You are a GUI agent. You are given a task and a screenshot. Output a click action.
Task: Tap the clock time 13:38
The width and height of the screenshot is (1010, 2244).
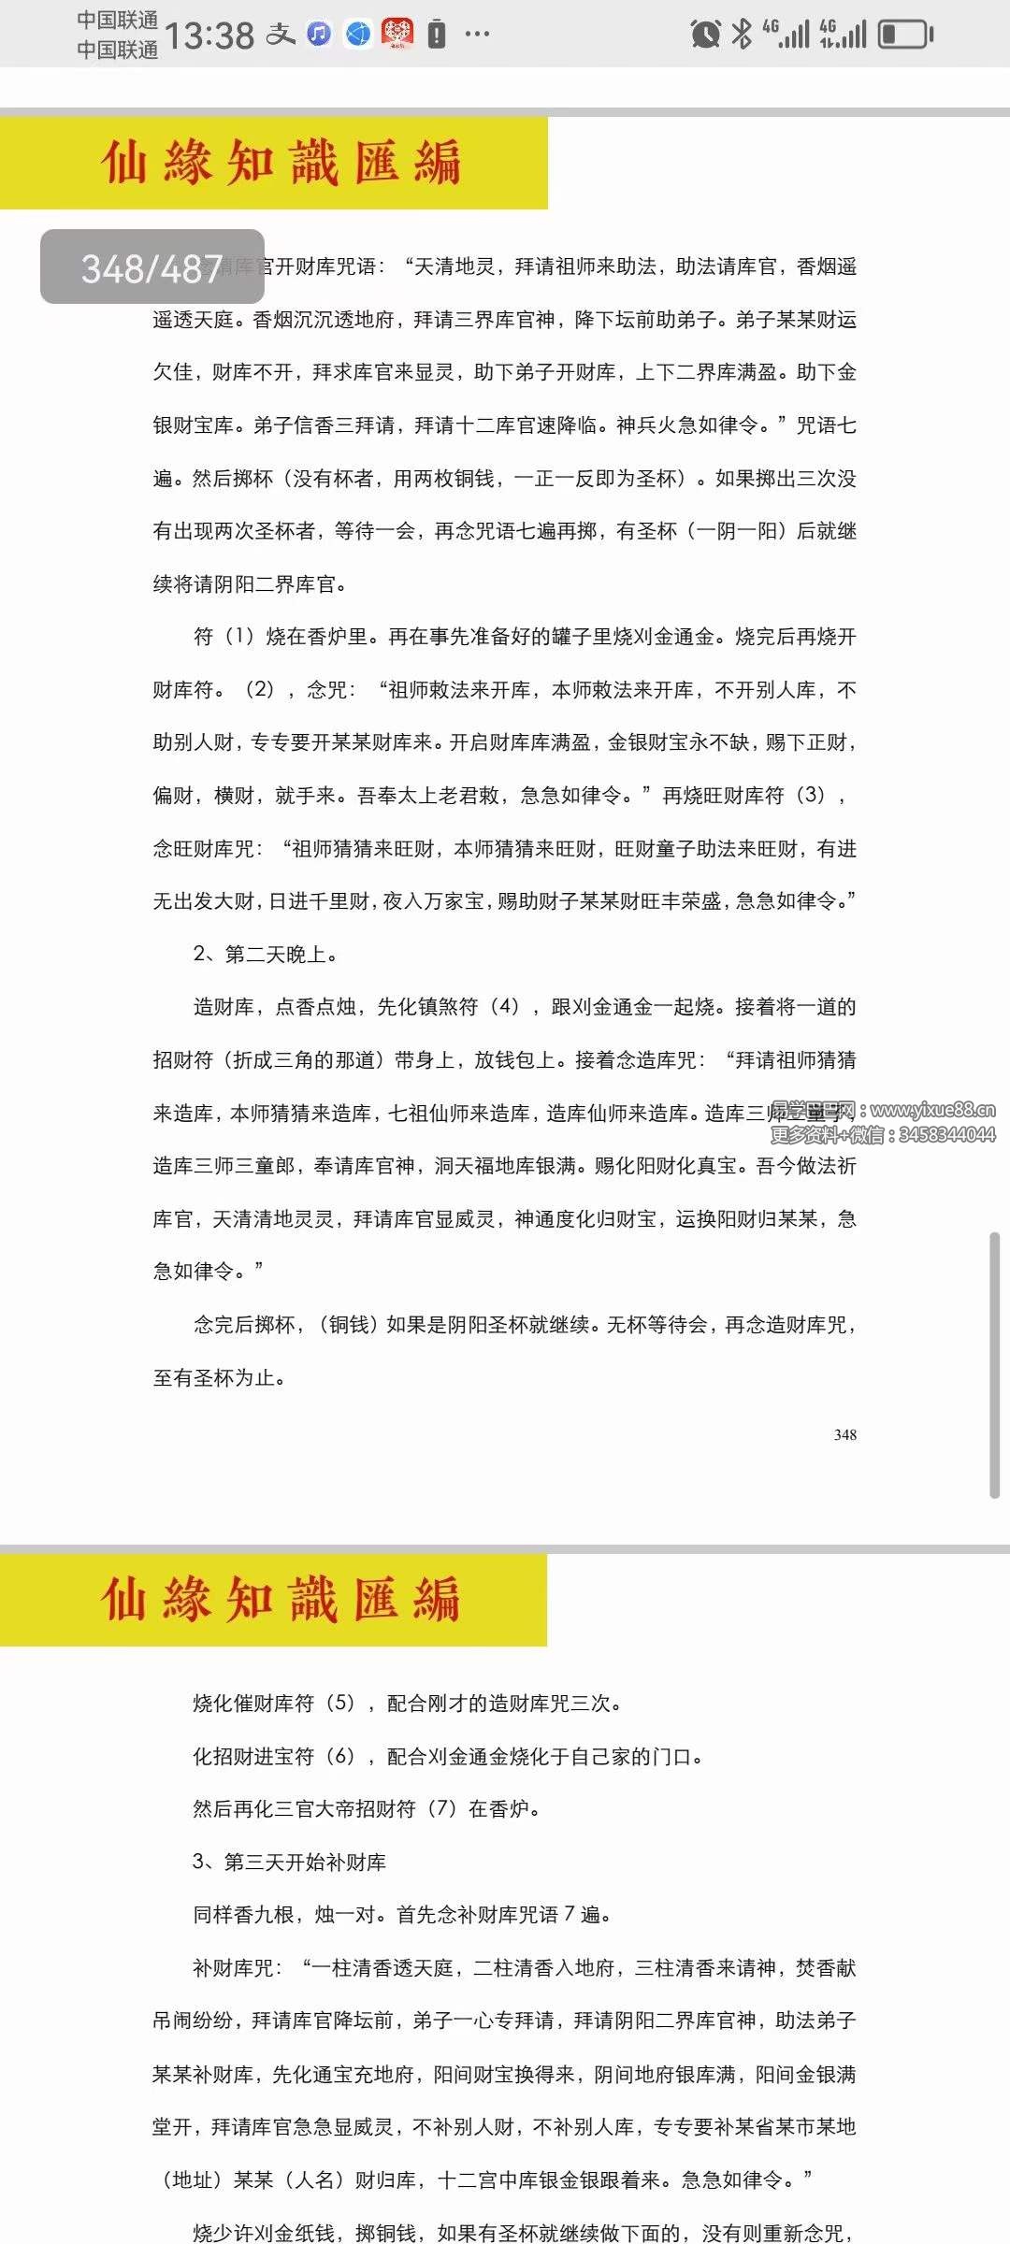(x=209, y=36)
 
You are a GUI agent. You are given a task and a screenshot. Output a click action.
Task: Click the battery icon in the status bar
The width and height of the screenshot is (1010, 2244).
(x=905, y=35)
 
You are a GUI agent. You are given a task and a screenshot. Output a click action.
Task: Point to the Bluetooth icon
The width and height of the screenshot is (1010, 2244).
(x=742, y=34)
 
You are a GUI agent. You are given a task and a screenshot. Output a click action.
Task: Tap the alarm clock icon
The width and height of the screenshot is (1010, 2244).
(x=705, y=35)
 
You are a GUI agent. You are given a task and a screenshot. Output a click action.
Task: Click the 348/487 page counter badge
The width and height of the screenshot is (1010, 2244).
(x=152, y=267)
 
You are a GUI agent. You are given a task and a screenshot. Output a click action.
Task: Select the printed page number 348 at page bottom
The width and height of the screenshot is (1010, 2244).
(x=845, y=1434)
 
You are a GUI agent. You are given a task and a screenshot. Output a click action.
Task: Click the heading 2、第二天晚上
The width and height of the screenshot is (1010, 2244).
(x=266, y=954)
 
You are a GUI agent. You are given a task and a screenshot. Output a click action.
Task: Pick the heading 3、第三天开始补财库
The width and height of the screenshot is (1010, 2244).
(x=289, y=1862)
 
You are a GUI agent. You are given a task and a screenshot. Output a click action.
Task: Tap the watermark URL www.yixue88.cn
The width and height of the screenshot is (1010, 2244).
(x=932, y=1110)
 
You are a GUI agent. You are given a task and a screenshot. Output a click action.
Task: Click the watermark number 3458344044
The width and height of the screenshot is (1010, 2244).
(x=946, y=1135)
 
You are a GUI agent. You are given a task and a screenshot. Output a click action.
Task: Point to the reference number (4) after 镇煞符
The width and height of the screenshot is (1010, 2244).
(x=505, y=1006)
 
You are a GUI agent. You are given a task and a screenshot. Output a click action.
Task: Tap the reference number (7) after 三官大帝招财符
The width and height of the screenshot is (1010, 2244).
(x=441, y=1808)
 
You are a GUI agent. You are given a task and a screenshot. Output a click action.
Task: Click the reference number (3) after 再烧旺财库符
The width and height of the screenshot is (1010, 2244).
(x=810, y=795)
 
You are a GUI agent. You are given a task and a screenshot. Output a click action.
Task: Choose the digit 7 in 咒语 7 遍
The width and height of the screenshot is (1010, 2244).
(x=570, y=1914)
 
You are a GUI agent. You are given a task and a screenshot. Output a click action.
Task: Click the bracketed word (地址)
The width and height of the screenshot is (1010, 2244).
(x=193, y=2179)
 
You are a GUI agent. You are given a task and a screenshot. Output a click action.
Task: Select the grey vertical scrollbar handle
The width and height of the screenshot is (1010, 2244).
(x=995, y=1365)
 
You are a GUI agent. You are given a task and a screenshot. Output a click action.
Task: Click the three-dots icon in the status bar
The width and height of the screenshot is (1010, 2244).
(x=477, y=35)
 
